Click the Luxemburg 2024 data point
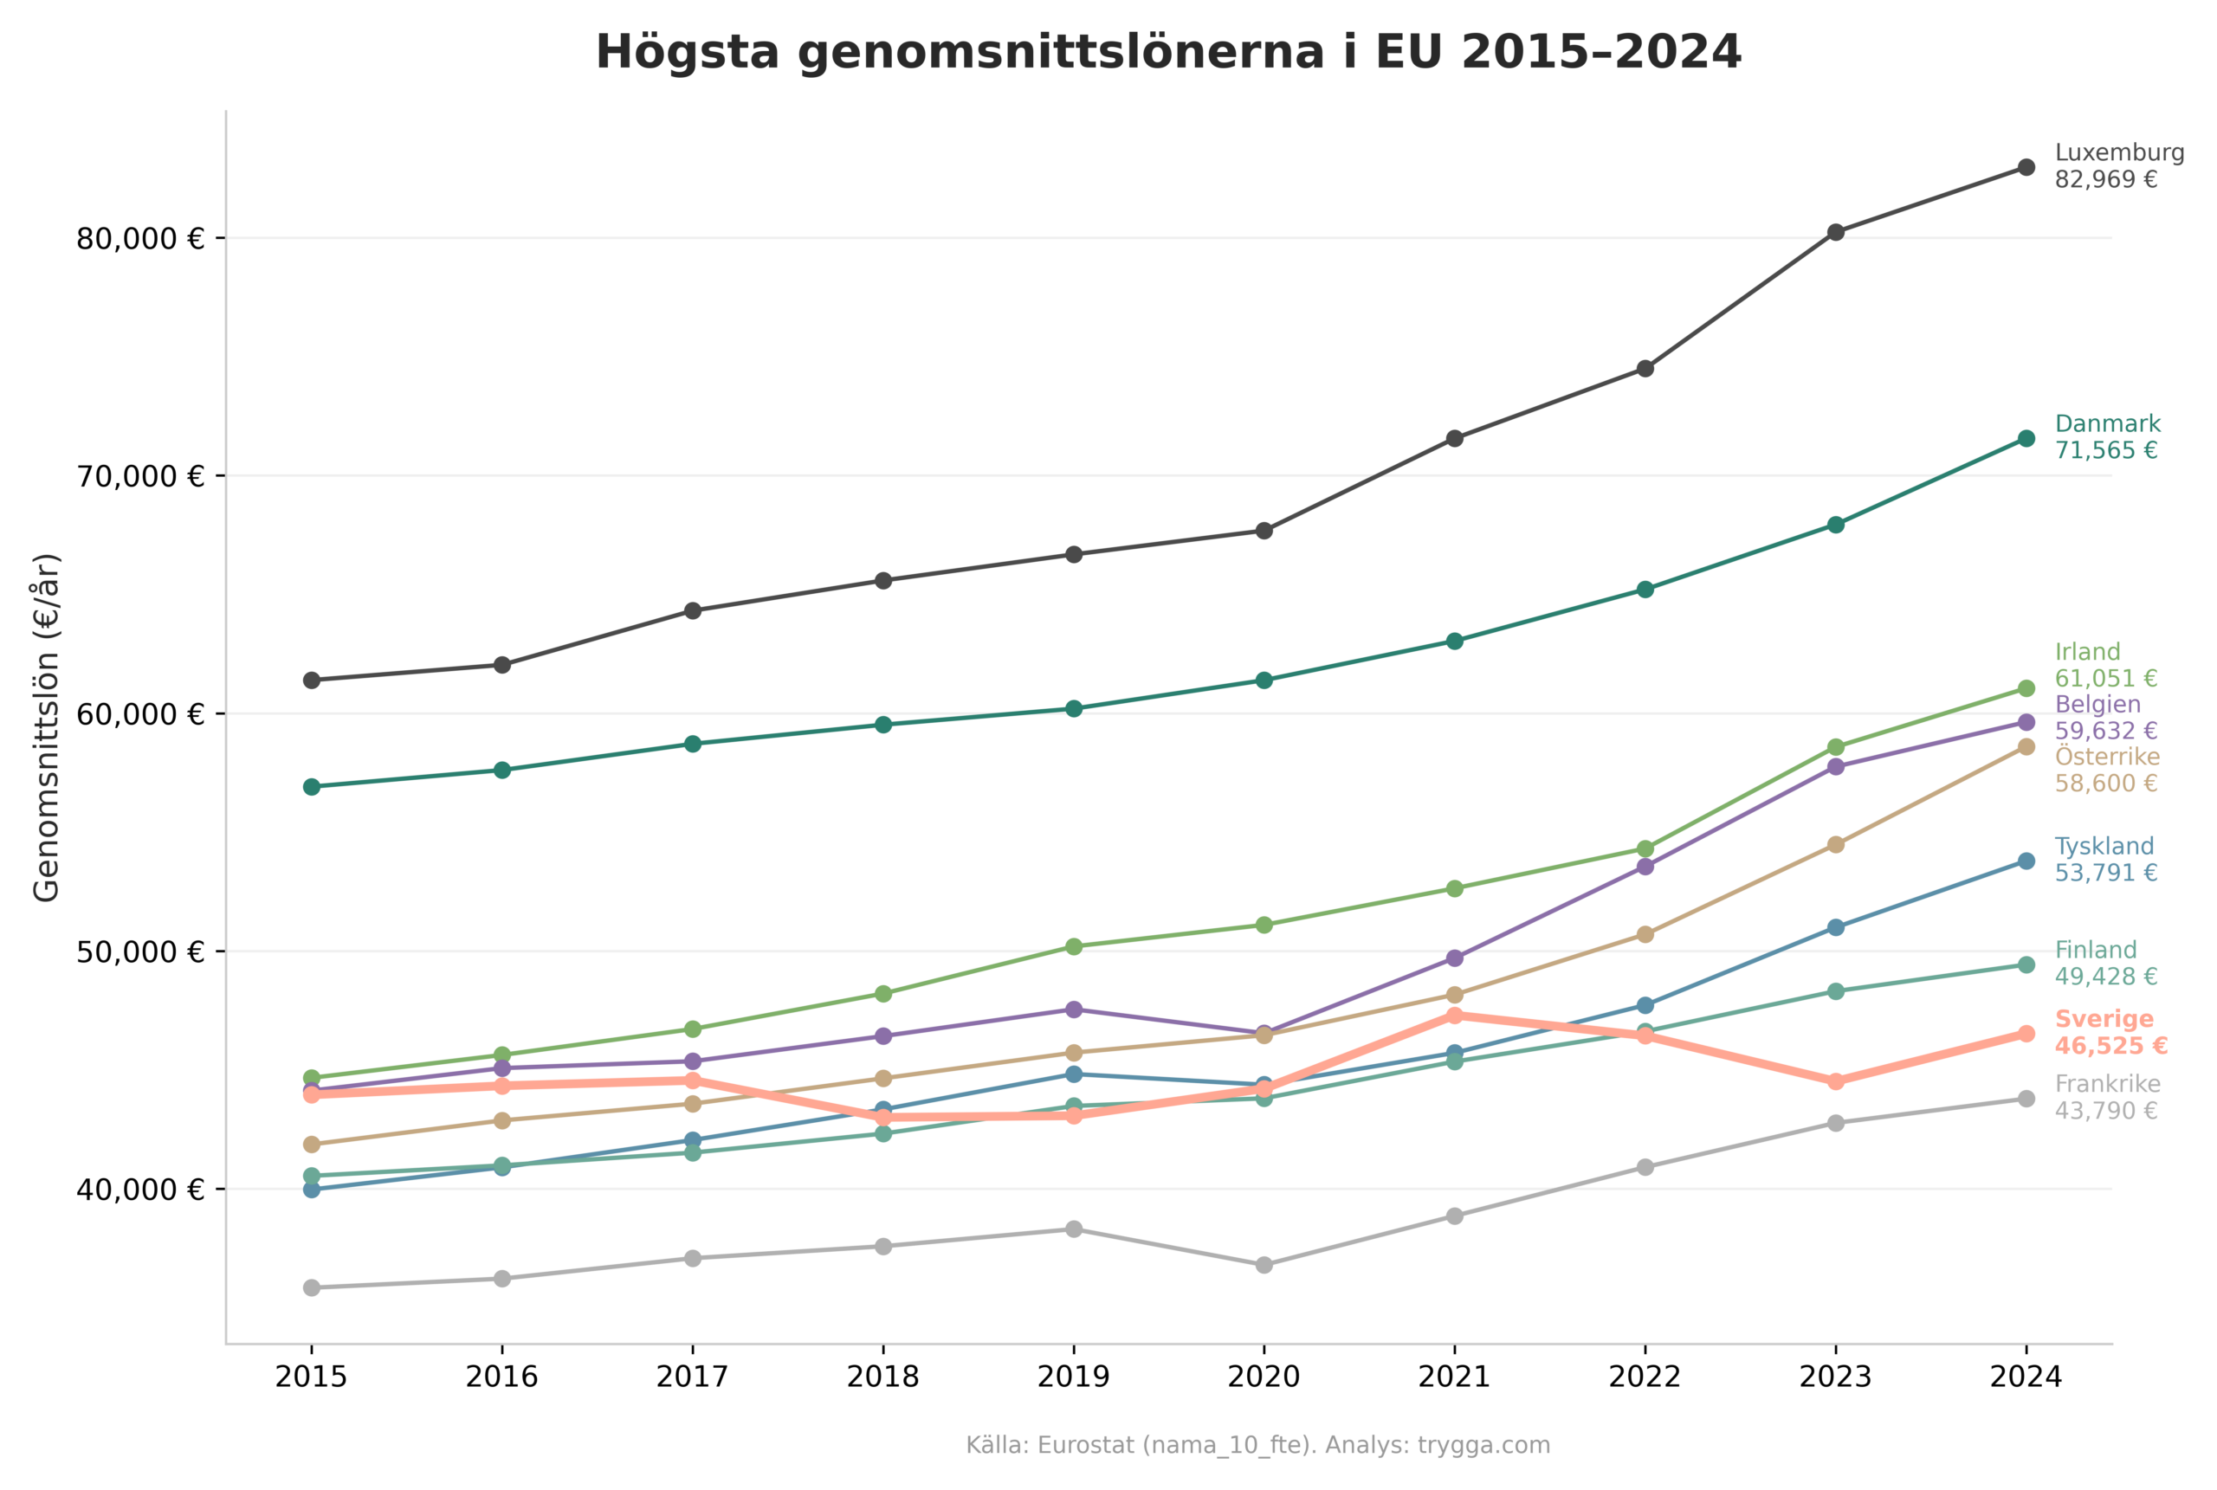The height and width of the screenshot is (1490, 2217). pos(2025,167)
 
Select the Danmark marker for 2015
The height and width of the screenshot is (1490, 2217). pos(312,787)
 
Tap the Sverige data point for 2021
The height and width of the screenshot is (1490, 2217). pos(1454,1016)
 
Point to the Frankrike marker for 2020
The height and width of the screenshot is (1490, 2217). pos(1264,1265)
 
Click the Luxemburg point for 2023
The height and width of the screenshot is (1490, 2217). pos(1835,232)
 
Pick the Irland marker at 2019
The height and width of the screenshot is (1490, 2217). pos(1074,946)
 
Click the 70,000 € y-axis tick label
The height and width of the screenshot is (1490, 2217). pos(139,476)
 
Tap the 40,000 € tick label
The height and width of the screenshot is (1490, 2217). pos(139,1190)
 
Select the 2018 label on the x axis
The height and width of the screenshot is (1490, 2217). pos(882,1377)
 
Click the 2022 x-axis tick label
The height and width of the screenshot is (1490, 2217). pos(1644,1377)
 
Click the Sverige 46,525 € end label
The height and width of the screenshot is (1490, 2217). pos(2110,1033)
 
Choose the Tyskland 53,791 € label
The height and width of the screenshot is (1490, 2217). pos(2106,859)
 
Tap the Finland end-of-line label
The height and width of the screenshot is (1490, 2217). pos(2106,963)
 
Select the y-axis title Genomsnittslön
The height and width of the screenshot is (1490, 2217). pos(46,727)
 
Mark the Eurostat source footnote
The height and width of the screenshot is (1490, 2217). pos(1257,1445)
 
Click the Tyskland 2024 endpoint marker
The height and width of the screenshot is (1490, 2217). pos(2025,861)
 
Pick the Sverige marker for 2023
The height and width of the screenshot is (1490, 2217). pos(1835,1081)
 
